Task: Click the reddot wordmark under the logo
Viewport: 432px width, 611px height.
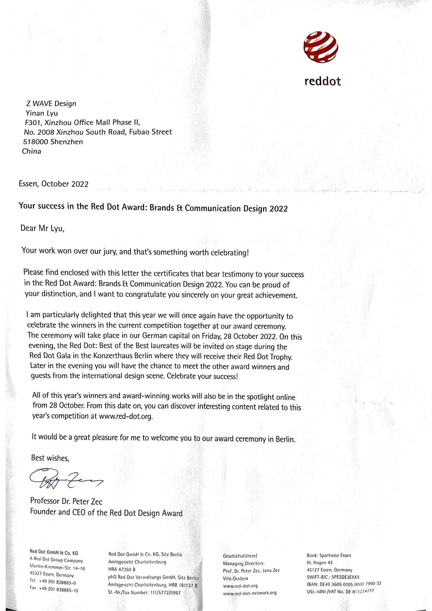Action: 322,82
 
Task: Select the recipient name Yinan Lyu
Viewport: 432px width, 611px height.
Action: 42,113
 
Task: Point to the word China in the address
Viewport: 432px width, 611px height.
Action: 32,152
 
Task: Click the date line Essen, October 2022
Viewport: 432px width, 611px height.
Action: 54,184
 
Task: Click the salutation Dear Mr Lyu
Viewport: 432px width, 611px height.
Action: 42,228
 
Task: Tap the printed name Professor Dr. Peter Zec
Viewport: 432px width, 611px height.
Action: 66,501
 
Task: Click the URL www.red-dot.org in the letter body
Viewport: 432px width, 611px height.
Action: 126,416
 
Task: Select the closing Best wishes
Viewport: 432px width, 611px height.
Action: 50,458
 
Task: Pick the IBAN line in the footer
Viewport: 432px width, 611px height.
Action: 344,584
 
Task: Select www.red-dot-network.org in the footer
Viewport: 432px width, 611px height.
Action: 250,593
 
